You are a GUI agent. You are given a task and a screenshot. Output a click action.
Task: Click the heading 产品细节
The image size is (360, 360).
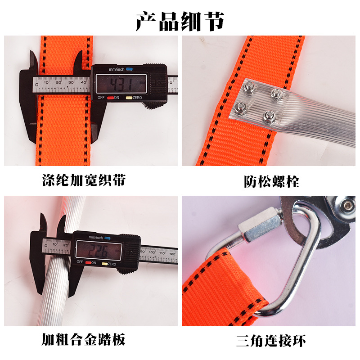coord(180,21)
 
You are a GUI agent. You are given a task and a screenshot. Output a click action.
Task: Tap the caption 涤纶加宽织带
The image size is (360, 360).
coord(84,181)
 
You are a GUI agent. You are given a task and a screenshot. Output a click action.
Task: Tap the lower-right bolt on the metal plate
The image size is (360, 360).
coord(270,117)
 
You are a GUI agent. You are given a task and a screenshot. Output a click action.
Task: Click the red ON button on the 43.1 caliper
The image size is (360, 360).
coord(109,98)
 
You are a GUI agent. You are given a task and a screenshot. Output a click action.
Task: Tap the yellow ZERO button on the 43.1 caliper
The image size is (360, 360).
coord(129,98)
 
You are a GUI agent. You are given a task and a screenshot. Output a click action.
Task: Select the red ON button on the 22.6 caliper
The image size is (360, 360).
coord(88,262)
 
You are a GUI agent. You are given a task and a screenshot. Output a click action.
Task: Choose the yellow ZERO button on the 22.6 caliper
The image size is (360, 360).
coord(104,262)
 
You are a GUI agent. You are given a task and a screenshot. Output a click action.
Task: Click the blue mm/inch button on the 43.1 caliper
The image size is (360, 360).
coord(129,70)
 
